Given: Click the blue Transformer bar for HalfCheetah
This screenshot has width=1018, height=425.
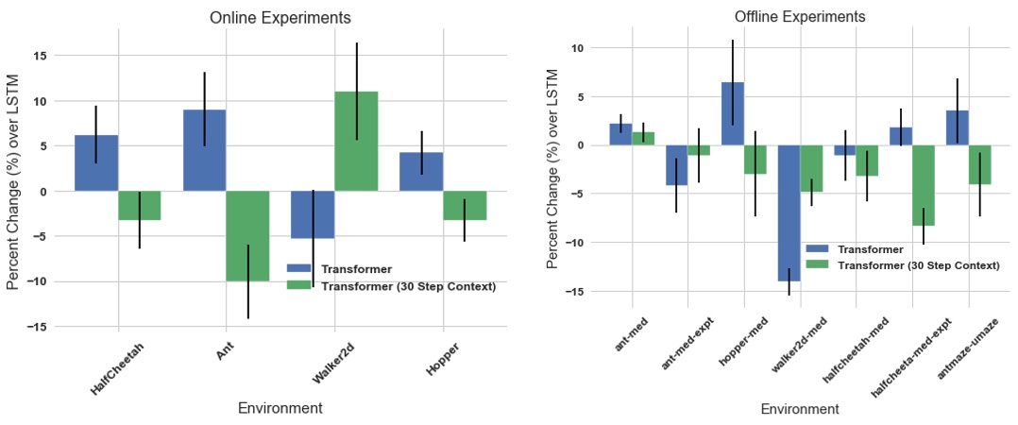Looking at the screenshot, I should point(96,162).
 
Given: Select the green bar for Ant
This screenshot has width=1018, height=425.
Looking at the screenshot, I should point(248,235).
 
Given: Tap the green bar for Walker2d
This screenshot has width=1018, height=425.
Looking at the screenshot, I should point(356,141).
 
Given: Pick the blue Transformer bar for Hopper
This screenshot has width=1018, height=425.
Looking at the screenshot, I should point(421,171).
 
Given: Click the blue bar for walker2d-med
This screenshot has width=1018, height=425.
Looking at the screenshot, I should point(789,212).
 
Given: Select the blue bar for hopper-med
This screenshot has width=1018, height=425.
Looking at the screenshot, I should point(733,113).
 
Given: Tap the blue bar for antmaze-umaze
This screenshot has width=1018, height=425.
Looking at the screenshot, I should point(957,127).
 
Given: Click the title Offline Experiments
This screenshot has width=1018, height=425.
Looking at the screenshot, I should point(799,17).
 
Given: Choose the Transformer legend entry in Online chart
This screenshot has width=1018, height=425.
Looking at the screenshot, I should point(356,269).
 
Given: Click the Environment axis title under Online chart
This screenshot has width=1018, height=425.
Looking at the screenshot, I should point(280,408).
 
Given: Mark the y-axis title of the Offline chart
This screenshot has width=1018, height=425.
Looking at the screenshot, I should point(554,169).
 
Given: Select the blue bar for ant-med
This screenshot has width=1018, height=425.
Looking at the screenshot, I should point(620,134).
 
